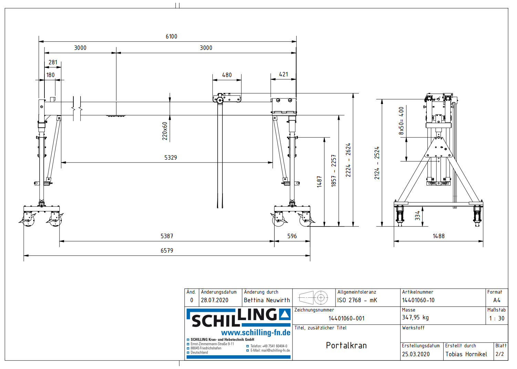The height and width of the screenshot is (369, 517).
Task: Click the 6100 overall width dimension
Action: [x=171, y=36]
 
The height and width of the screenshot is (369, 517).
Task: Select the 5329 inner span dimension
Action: [x=170, y=158]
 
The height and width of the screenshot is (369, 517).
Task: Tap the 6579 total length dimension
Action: [x=167, y=251]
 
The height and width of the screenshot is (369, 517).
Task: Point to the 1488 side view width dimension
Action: [x=438, y=236]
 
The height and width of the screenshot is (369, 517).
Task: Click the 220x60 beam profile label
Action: [x=165, y=131]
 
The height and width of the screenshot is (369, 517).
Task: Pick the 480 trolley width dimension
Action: [x=227, y=75]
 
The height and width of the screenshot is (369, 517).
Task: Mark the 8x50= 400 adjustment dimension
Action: [x=401, y=121]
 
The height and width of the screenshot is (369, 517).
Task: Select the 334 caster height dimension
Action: [x=418, y=216]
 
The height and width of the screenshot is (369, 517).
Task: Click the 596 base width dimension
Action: [x=292, y=236]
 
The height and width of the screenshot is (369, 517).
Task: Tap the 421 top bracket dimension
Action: [x=283, y=74]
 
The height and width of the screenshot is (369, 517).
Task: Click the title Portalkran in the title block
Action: [x=346, y=346]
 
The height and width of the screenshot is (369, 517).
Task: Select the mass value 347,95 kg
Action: [x=415, y=318]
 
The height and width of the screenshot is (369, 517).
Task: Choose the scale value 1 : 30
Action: [x=497, y=319]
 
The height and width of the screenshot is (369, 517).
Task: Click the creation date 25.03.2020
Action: [x=416, y=354]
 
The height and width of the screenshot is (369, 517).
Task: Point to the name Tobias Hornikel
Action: [x=466, y=354]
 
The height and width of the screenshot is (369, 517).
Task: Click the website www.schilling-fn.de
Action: [x=256, y=333]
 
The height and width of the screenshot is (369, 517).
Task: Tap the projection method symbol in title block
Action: [x=313, y=297]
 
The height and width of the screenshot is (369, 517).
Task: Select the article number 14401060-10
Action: [x=418, y=300]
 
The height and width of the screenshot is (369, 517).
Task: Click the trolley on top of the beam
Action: [x=227, y=98]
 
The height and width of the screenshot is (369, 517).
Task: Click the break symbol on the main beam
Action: [x=77, y=109]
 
